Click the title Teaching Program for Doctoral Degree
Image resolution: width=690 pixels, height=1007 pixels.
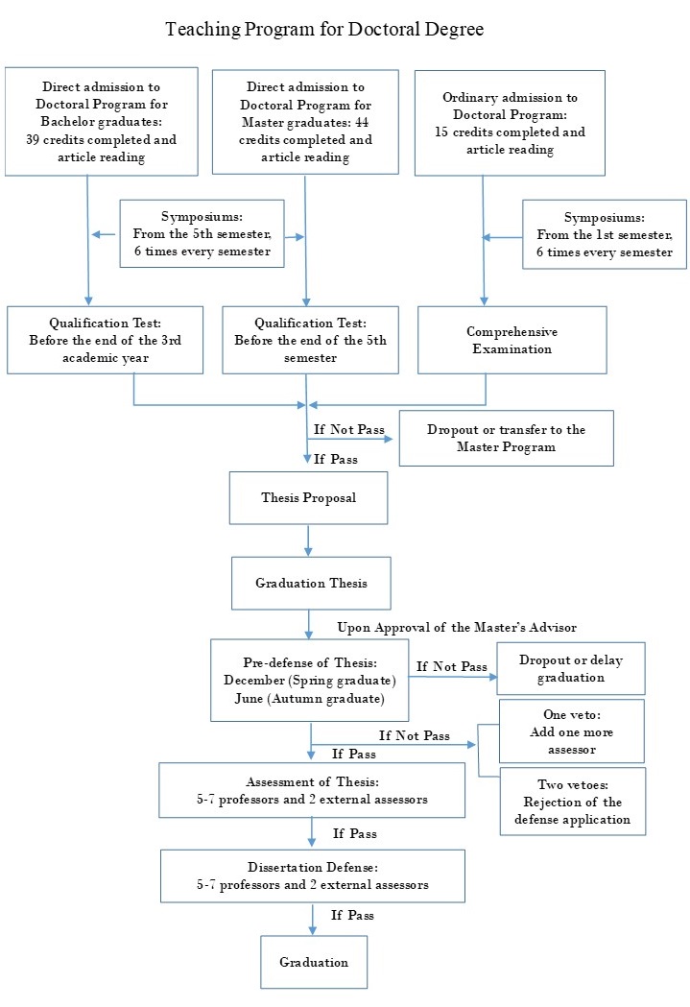pyautogui.click(x=324, y=30)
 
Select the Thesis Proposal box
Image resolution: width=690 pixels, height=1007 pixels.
pyautogui.click(x=308, y=497)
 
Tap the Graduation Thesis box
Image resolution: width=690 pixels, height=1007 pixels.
pyautogui.click(x=311, y=583)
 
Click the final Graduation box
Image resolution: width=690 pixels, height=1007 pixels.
pyautogui.click(x=314, y=962)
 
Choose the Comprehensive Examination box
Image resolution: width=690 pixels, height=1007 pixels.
pyautogui.click(x=512, y=340)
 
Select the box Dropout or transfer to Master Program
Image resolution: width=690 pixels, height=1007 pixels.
pyautogui.click(x=506, y=438)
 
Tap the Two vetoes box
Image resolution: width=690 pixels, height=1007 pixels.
pyautogui.click(x=572, y=802)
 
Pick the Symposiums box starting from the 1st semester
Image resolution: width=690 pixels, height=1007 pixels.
pyautogui.click(x=605, y=234)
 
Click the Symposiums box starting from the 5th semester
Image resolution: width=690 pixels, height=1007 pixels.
pyautogui.click(x=202, y=233)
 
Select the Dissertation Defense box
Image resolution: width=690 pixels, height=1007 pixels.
pyautogui.click(x=313, y=875)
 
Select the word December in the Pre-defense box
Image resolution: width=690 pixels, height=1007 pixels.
pyautogui.click(x=251, y=681)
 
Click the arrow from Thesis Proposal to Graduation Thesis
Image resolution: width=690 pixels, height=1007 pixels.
pyautogui.click(x=308, y=540)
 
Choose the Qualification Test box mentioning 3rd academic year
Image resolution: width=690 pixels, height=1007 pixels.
pyautogui.click(x=105, y=339)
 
